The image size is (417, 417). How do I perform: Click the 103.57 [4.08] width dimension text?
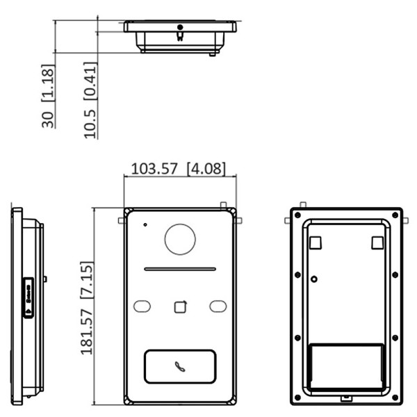[x=179, y=168]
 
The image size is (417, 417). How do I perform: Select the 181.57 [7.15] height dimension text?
[x=87, y=308]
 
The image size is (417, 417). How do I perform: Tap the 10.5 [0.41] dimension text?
[x=90, y=101]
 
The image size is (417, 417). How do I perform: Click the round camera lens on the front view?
[x=180, y=239]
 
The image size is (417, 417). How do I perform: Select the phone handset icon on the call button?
[x=180, y=366]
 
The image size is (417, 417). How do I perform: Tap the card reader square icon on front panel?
[x=180, y=306]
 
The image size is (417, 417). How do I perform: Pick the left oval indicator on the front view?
[x=142, y=306]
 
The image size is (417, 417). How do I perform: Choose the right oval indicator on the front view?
[x=218, y=306]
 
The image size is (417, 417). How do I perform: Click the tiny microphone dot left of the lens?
[x=145, y=224]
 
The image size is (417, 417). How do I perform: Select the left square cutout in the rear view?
[x=315, y=242]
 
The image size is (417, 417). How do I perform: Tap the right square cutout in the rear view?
[x=377, y=242]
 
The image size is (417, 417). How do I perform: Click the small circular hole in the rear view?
[x=315, y=279]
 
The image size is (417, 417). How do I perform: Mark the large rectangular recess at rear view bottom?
[x=345, y=366]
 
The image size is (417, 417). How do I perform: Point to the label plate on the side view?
[x=28, y=297]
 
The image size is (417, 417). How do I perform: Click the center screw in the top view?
[x=180, y=28]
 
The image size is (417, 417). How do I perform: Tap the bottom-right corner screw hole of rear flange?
[x=394, y=398]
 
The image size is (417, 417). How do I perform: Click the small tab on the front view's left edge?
[x=121, y=221]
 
